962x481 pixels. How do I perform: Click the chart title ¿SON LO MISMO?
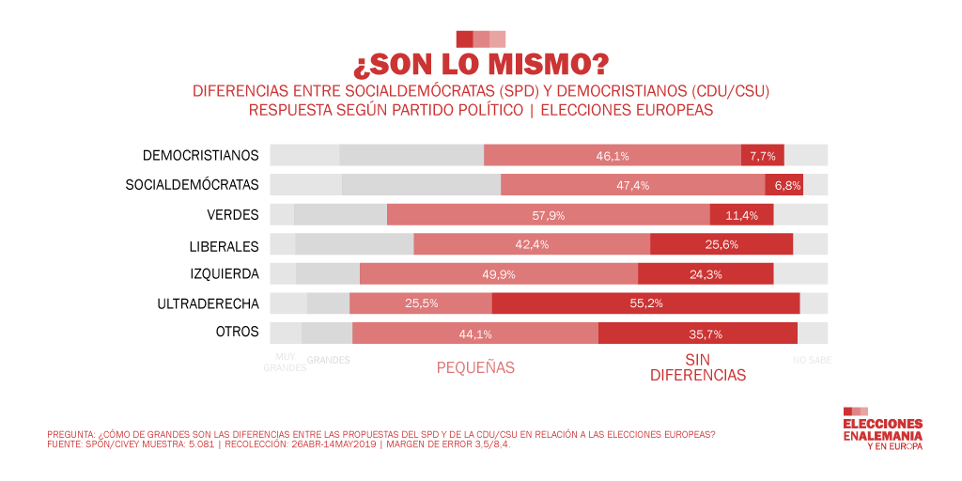[x=481, y=65]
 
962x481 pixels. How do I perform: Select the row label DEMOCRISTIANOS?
[x=200, y=155]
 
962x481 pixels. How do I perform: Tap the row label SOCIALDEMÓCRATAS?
[x=192, y=185]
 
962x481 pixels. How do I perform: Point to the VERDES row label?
[x=233, y=214]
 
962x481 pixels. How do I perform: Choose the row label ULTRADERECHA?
[x=208, y=303]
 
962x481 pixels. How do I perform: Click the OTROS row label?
[x=238, y=333]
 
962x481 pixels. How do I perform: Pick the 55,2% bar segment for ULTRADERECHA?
[x=645, y=303]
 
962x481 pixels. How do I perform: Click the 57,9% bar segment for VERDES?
[x=548, y=215]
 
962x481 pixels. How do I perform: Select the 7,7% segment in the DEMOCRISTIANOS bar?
[x=762, y=156]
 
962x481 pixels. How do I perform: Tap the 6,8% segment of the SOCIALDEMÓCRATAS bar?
[x=784, y=185]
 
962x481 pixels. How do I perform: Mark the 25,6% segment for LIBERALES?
[x=721, y=244]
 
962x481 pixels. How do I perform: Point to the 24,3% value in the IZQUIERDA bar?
[x=706, y=274]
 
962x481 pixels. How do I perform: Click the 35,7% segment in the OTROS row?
[x=697, y=334]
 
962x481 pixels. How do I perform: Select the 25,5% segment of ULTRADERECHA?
[x=420, y=303]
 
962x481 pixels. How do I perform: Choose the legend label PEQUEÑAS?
[x=475, y=368]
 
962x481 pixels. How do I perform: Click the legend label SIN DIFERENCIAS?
[x=697, y=367]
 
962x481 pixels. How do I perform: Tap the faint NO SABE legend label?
[x=812, y=360]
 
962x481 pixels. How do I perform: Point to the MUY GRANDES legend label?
[x=284, y=363]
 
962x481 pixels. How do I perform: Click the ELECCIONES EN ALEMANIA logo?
[x=882, y=429]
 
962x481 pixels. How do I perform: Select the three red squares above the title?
[x=481, y=39]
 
